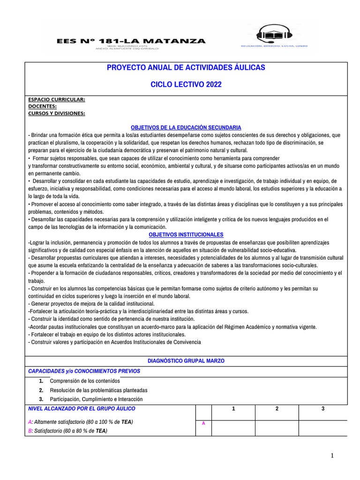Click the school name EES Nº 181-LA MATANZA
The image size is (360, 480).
point(131,41)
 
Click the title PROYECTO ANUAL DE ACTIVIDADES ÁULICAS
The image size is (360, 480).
point(186,67)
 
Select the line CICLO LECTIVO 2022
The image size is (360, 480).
point(186,84)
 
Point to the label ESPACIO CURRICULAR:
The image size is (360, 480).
point(57,100)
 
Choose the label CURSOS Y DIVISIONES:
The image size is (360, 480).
point(57,113)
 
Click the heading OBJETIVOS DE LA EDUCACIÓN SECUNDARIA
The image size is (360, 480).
point(186,127)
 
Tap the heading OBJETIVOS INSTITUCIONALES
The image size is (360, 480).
point(186,234)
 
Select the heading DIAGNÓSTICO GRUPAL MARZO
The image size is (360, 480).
point(186,360)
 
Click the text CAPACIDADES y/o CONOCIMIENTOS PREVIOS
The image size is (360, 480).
point(84,371)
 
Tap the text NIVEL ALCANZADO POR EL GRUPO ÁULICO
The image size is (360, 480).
point(82,409)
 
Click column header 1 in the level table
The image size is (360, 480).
point(233,409)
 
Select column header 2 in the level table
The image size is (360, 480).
point(277,409)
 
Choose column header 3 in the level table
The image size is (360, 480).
point(323,409)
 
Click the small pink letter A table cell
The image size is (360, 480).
point(203,423)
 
